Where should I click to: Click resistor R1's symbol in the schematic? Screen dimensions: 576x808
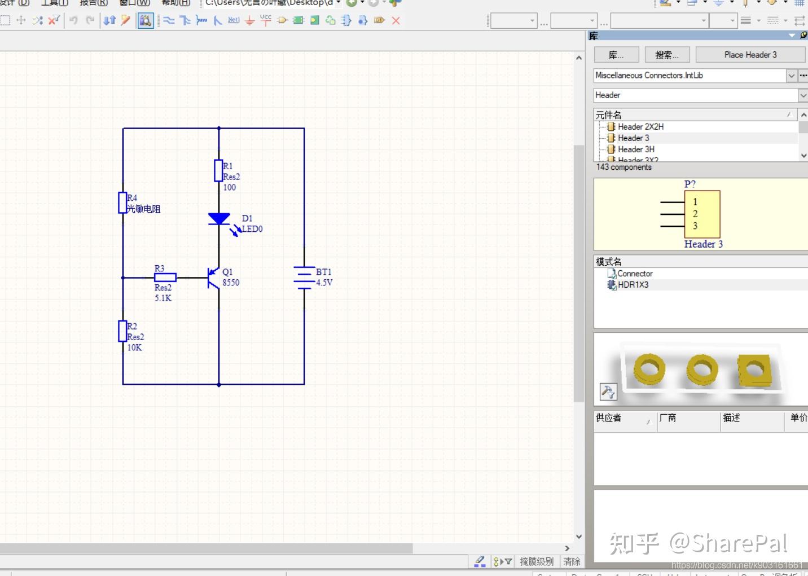[218, 170]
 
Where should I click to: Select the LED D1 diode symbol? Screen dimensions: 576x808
[219, 219]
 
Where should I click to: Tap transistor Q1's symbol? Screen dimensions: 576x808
[213, 278]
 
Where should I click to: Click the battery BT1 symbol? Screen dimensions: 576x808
[304, 278]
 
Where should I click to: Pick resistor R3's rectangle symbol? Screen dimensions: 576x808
[165, 278]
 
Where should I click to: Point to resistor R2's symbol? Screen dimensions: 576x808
[122, 331]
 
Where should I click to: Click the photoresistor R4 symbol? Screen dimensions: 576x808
[122, 203]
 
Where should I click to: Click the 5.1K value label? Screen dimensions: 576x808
[163, 298]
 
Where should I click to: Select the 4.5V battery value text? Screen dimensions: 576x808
[324, 283]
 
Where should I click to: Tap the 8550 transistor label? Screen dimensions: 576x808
[231, 283]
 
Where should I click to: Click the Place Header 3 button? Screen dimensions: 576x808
[750, 55]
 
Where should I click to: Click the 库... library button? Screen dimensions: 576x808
[616, 55]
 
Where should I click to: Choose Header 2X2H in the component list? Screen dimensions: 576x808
[640, 127]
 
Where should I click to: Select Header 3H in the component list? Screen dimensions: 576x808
[636, 150]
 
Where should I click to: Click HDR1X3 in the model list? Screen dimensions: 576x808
[633, 285]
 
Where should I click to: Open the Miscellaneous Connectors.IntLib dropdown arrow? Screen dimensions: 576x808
[791, 76]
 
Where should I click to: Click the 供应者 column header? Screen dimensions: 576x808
[609, 418]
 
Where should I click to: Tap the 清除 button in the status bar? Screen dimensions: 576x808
[572, 561]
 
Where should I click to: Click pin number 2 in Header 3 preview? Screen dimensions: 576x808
[695, 214]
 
